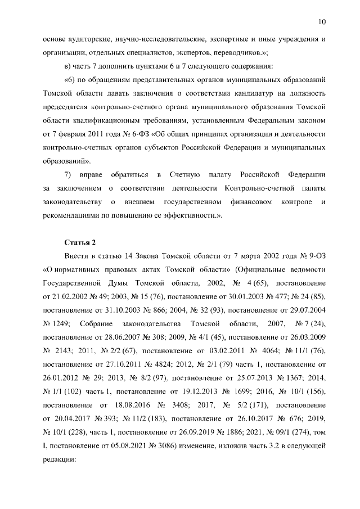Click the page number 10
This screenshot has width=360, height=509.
[322, 22]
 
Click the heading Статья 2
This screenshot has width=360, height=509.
[80, 242]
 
